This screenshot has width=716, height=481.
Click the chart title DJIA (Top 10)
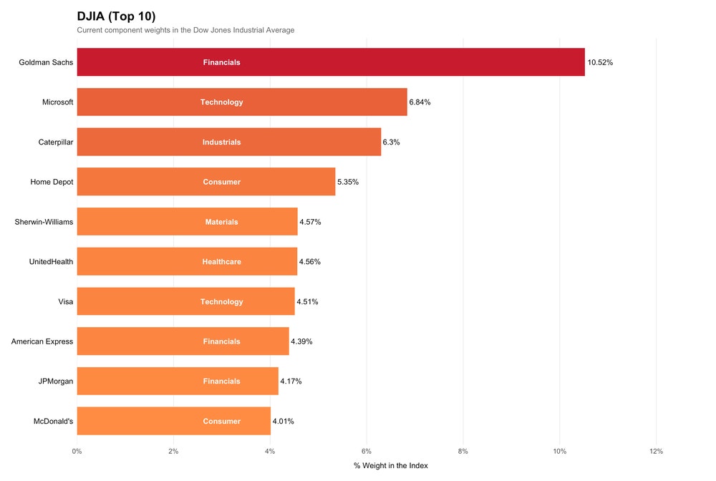coord(116,16)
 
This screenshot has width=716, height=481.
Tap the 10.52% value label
coord(600,62)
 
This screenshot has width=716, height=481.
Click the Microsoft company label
coord(57,102)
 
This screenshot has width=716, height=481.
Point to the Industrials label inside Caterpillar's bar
coord(221,142)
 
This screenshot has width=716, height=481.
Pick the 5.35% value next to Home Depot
coord(348,182)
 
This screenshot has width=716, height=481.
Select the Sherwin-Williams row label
coord(44,222)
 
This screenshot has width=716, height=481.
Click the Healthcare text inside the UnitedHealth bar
coord(221,262)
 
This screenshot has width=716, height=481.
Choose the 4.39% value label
coord(301,341)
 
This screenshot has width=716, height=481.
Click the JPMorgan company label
coord(56,382)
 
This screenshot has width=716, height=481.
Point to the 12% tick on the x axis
coord(656,452)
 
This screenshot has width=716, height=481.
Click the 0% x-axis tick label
coord(77,452)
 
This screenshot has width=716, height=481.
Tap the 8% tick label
coord(463,452)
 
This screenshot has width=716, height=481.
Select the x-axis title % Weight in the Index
coord(390,466)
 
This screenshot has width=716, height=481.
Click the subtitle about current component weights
coord(185,30)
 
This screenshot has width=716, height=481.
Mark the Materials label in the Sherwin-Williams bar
coord(221,222)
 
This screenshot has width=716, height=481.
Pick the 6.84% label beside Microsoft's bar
coord(420,102)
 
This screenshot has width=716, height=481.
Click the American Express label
coord(42,341)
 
